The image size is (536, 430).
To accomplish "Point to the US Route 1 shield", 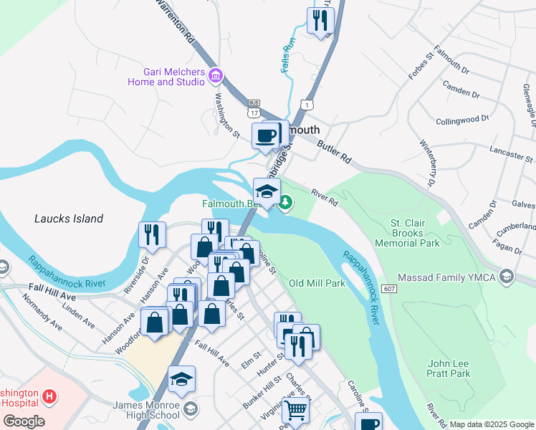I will pos(307,105).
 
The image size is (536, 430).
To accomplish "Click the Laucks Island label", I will pos(69,219).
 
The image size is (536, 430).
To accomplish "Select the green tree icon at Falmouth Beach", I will pos(286,204).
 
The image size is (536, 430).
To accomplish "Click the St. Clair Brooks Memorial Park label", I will pos(415,233).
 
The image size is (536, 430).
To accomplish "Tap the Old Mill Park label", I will pos(317,283).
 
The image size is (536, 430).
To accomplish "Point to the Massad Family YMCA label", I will pos(453,277).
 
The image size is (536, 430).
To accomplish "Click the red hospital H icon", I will pos(49,396).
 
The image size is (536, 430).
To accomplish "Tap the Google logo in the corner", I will pos(24,421).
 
